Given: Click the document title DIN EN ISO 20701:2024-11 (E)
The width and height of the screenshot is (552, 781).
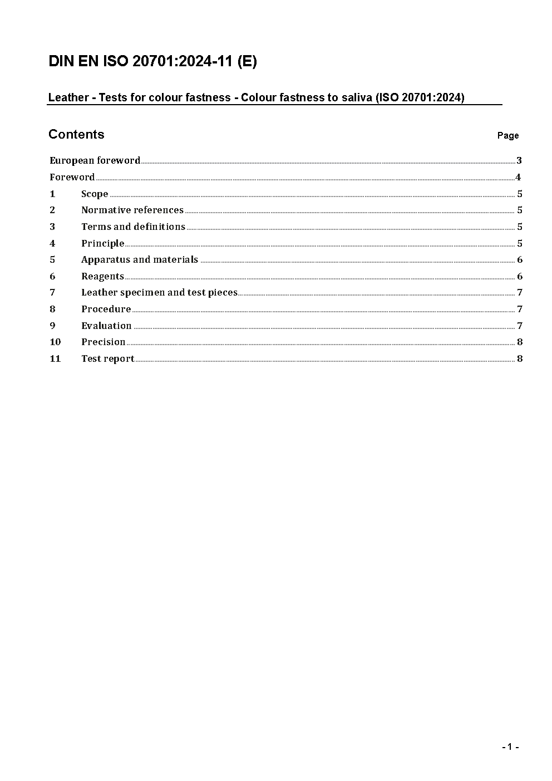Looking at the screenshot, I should coord(152,61).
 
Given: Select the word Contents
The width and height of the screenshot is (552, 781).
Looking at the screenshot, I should coord(76,134).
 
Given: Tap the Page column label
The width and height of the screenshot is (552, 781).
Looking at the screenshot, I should coord(507,135).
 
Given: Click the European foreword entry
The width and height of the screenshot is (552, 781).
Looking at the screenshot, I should coord(95,160).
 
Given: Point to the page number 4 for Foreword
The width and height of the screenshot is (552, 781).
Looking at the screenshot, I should coord(518,177).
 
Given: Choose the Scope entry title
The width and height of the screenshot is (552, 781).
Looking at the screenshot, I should coord(95,194).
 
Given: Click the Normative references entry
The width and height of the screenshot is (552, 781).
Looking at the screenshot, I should coord(132,210).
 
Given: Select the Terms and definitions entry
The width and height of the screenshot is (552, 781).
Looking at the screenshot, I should coord(133,227).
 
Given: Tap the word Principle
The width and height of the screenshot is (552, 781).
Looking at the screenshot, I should coord(102,243).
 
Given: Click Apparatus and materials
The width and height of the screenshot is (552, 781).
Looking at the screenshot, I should coord(140,259).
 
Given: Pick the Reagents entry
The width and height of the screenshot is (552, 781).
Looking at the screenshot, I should coord(102,276).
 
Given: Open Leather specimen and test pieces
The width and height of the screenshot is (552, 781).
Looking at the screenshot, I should coord(159,292).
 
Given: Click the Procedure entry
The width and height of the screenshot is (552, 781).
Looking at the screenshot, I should coord(106,309).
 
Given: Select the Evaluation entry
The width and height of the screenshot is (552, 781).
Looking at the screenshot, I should coord(106,326).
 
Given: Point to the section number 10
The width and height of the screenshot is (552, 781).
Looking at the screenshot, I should coord(55,342).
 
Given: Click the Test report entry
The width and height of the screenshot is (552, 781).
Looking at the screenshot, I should coord(107,358).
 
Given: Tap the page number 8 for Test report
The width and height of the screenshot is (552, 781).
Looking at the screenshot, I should coord(520,358).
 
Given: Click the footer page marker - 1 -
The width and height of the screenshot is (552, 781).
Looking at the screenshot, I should coord(510,747).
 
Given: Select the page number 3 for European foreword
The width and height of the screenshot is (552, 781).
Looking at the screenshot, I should coord(519,160).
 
